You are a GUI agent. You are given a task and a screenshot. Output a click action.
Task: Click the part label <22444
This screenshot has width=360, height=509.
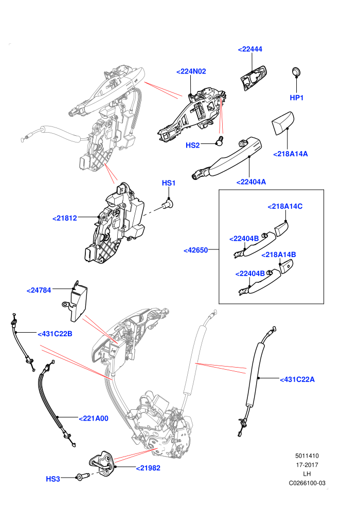coord(250,49)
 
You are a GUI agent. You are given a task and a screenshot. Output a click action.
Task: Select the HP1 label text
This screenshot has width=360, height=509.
coord(296,98)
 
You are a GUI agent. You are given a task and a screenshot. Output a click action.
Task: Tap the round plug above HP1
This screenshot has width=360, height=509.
coord(296,71)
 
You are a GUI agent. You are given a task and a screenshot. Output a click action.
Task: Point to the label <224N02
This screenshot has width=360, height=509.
coord(191,71)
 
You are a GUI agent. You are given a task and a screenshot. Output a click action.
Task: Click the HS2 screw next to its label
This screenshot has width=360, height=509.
coord(220,140)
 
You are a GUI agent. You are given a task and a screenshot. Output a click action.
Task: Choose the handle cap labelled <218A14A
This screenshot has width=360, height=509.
coord(282,123)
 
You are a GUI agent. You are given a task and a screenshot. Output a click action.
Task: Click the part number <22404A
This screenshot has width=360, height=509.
coord(251,182)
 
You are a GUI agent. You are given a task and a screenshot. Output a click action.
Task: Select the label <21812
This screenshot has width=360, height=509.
coord(65,218)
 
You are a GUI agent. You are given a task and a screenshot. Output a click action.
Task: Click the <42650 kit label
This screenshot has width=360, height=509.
coord(195,250)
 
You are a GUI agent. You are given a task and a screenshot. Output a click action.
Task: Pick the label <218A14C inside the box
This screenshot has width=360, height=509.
coord(285,207)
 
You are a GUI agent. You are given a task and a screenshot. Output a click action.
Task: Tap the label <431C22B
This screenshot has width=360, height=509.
coord(55,334)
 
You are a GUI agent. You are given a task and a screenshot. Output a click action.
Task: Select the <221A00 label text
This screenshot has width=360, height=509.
coord(94,419)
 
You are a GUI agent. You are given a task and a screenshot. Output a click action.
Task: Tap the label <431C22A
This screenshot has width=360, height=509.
coord(297,379)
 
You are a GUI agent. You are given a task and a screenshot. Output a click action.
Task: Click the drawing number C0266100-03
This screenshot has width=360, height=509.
coord(307,483)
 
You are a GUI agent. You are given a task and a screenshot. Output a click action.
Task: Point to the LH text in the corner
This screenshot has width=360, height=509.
coord(307,474)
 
